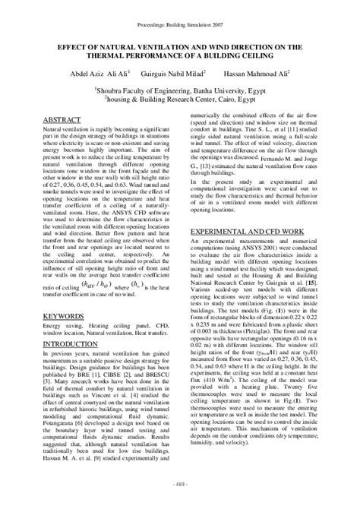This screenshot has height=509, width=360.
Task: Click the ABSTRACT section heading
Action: pyautogui.click(x=62, y=121)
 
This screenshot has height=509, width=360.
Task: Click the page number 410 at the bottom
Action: pyautogui.click(x=180, y=483)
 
